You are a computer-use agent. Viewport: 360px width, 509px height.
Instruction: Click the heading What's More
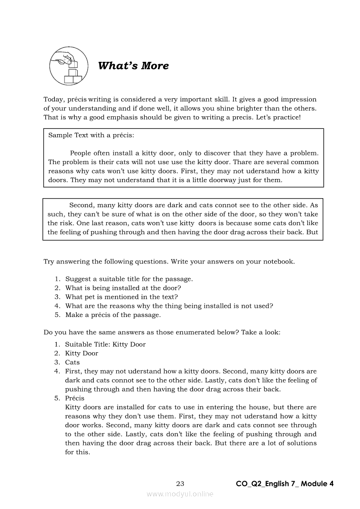point(133,66)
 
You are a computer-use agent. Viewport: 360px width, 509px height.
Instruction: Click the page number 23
point(180,484)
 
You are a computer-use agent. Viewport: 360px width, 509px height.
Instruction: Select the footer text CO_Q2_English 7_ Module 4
point(285,484)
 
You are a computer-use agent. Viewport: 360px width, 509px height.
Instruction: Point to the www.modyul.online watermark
point(180,494)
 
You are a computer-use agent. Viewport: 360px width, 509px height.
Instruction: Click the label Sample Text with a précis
point(91,135)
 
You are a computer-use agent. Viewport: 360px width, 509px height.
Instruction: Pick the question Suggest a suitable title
point(129,279)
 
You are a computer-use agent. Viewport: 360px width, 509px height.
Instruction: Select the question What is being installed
point(123,288)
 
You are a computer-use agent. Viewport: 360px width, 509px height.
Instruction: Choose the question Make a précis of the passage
point(113,315)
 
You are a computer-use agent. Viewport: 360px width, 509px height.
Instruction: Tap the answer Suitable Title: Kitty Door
point(105,344)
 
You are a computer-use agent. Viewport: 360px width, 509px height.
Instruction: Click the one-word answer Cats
point(72,362)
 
